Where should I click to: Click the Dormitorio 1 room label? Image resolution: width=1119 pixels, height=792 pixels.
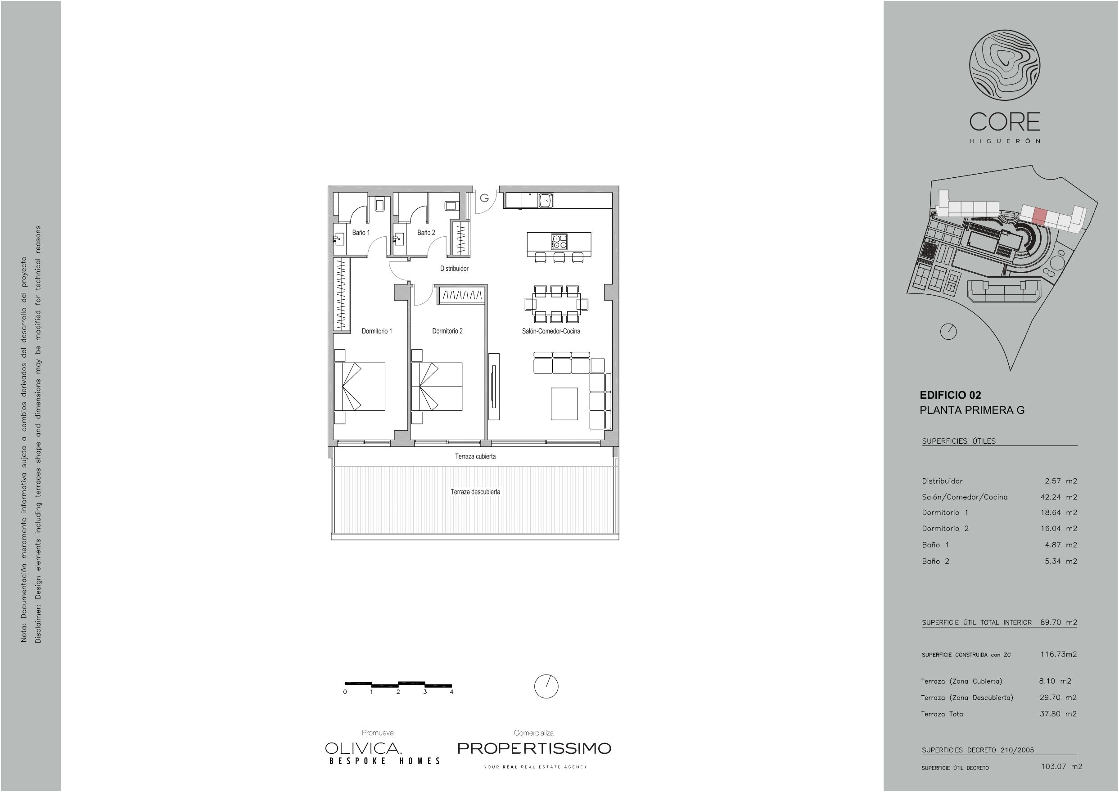click(x=377, y=331)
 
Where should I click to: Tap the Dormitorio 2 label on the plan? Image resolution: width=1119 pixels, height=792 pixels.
click(x=447, y=331)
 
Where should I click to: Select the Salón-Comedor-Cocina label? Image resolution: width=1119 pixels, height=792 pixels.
click(x=551, y=331)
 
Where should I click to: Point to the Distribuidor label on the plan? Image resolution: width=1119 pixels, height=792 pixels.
click(x=454, y=269)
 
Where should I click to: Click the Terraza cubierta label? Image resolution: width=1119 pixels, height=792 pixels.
click(x=476, y=456)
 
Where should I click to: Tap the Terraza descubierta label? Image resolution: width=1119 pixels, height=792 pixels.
click(x=476, y=492)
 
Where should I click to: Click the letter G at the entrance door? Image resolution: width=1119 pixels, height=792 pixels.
click(x=484, y=198)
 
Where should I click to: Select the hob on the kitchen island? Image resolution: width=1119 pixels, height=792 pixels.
click(x=559, y=242)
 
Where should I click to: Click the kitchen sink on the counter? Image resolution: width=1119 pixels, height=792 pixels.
click(x=546, y=200)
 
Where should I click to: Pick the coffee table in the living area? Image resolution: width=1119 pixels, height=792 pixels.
click(x=564, y=404)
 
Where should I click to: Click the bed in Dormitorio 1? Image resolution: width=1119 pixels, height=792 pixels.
click(x=360, y=387)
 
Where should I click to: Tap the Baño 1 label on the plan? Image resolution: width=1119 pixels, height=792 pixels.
click(x=361, y=233)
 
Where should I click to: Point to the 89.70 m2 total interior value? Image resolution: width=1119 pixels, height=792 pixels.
click(x=1059, y=622)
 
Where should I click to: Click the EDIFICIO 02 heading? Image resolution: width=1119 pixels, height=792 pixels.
click(x=950, y=396)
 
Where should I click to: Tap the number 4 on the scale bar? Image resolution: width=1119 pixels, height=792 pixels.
click(x=452, y=692)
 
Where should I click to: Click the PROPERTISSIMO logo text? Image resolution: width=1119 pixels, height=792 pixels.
click(x=534, y=748)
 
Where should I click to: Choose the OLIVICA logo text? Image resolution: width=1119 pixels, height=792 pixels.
click(x=363, y=748)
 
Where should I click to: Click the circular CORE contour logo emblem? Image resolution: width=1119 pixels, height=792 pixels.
click(x=1005, y=65)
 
